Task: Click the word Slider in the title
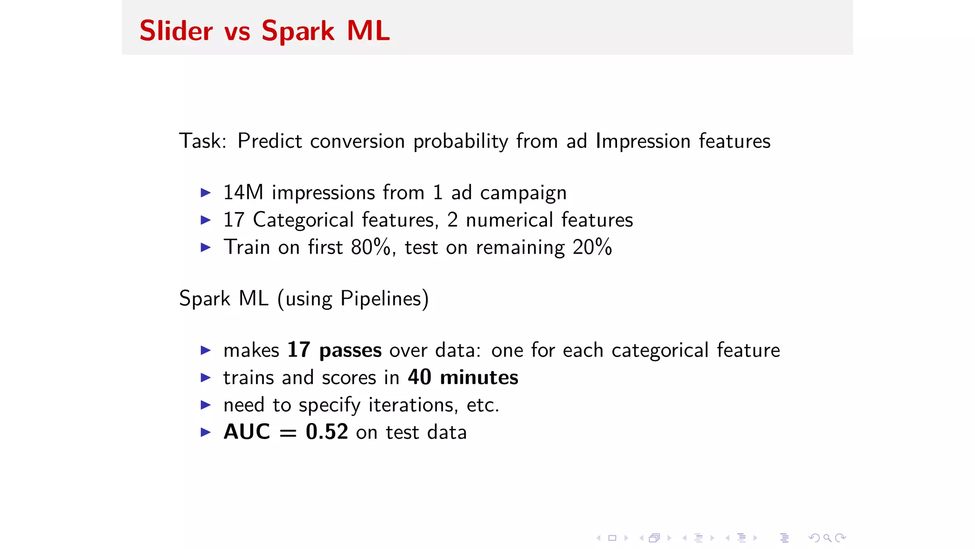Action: [x=176, y=31]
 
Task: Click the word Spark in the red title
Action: [x=298, y=31]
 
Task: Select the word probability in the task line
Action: [x=460, y=142]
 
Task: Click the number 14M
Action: [x=243, y=193]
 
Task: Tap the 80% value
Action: [x=370, y=247]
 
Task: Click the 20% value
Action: [x=592, y=247]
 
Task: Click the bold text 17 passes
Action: [x=334, y=350]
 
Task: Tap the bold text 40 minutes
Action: [x=463, y=377]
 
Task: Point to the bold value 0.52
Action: [x=327, y=432]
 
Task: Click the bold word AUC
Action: [x=247, y=432]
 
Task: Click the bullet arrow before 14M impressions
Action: [x=206, y=193]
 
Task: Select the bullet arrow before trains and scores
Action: [x=206, y=378]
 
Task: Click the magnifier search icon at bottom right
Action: [x=827, y=538]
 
